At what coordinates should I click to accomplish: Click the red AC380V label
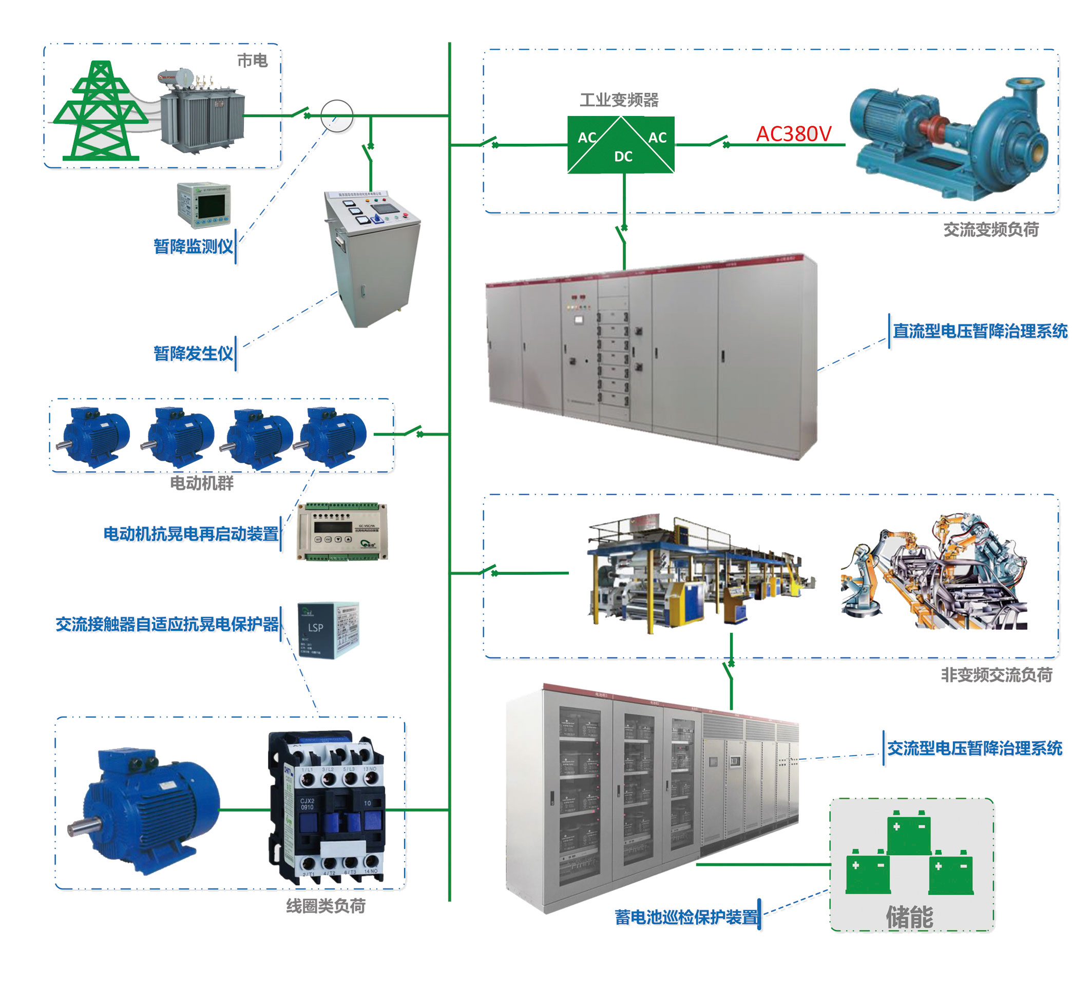pyautogui.click(x=793, y=133)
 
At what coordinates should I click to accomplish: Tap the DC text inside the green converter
pyautogui.click(x=623, y=157)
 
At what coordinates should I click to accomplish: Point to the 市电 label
pyautogui.click(x=253, y=61)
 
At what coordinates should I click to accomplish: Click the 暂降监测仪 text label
pyautogui.click(x=193, y=246)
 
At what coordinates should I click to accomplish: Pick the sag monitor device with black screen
pyautogui.click(x=204, y=205)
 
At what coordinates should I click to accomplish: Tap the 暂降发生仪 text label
pyautogui.click(x=193, y=354)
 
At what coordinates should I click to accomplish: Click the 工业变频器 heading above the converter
pyautogui.click(x=619, y=100)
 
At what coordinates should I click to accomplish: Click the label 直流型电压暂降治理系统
pyautogui.click(x=980, y=331)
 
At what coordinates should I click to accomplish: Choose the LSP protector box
pyautogui.click(x=328, y=630)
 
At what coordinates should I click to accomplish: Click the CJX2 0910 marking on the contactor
pyautogui.click(x=307, y=804)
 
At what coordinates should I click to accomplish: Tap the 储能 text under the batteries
pyautogui.click(x=909, y=917)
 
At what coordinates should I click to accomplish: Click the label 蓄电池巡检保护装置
pyautogui.click(x=686, y=917)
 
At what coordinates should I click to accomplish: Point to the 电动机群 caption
pyautogui.click(x=202, y=483)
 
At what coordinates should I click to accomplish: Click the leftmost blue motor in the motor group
pyautogui.click(x=95, y=437)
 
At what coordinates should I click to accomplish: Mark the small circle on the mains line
pyautogui.click(x=337, y=115)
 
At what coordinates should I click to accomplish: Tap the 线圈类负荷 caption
pyautogui.click(x=326, y=906)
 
